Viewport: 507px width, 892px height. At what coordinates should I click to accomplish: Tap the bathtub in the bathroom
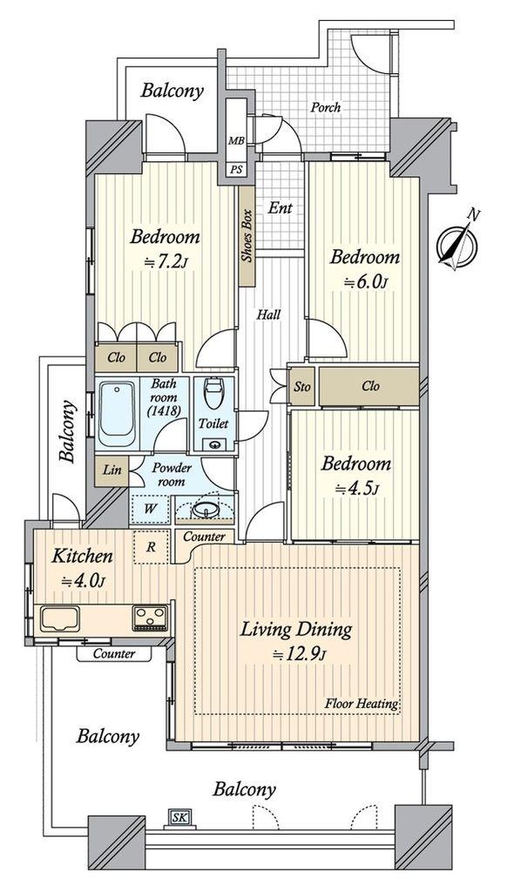[117, 413]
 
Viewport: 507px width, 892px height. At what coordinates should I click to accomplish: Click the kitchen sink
[60, 618]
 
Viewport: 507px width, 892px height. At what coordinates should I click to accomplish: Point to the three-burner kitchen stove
[150, 618]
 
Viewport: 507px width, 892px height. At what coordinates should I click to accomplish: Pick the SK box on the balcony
[179, 818]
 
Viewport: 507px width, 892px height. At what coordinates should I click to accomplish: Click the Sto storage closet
[302, 387]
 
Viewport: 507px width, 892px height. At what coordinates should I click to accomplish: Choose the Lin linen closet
[112, 471]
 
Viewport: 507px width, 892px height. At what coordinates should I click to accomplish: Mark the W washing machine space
[150, 508]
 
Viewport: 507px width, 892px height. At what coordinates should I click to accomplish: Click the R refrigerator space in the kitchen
[151, 547]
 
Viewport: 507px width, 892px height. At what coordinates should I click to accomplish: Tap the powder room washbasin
[204, 510]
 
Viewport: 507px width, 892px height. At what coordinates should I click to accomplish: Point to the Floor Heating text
[362, 704]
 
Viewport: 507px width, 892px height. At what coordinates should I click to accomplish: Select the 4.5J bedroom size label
[356, 488]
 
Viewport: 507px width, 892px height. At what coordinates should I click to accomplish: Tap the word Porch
[326, 107]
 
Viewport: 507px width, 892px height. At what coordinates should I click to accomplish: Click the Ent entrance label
[281, 208]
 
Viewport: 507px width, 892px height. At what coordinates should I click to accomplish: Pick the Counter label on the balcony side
[114, 653]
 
